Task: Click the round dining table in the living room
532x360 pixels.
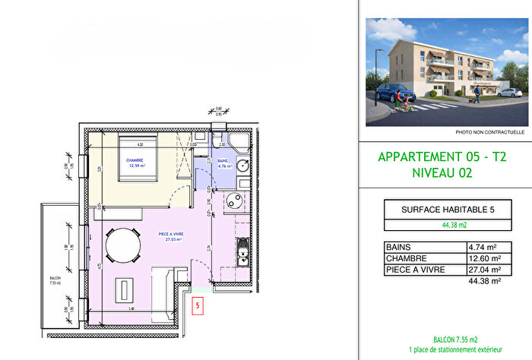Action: [122, 245]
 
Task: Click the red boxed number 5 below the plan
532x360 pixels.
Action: [198, 306]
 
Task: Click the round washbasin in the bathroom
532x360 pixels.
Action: [242, 167]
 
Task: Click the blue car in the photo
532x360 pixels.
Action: [394, 95]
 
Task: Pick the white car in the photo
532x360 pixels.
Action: [511, 92]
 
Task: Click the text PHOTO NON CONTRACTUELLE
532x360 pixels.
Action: [489, 131]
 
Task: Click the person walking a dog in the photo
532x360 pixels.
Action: [477, 93]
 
